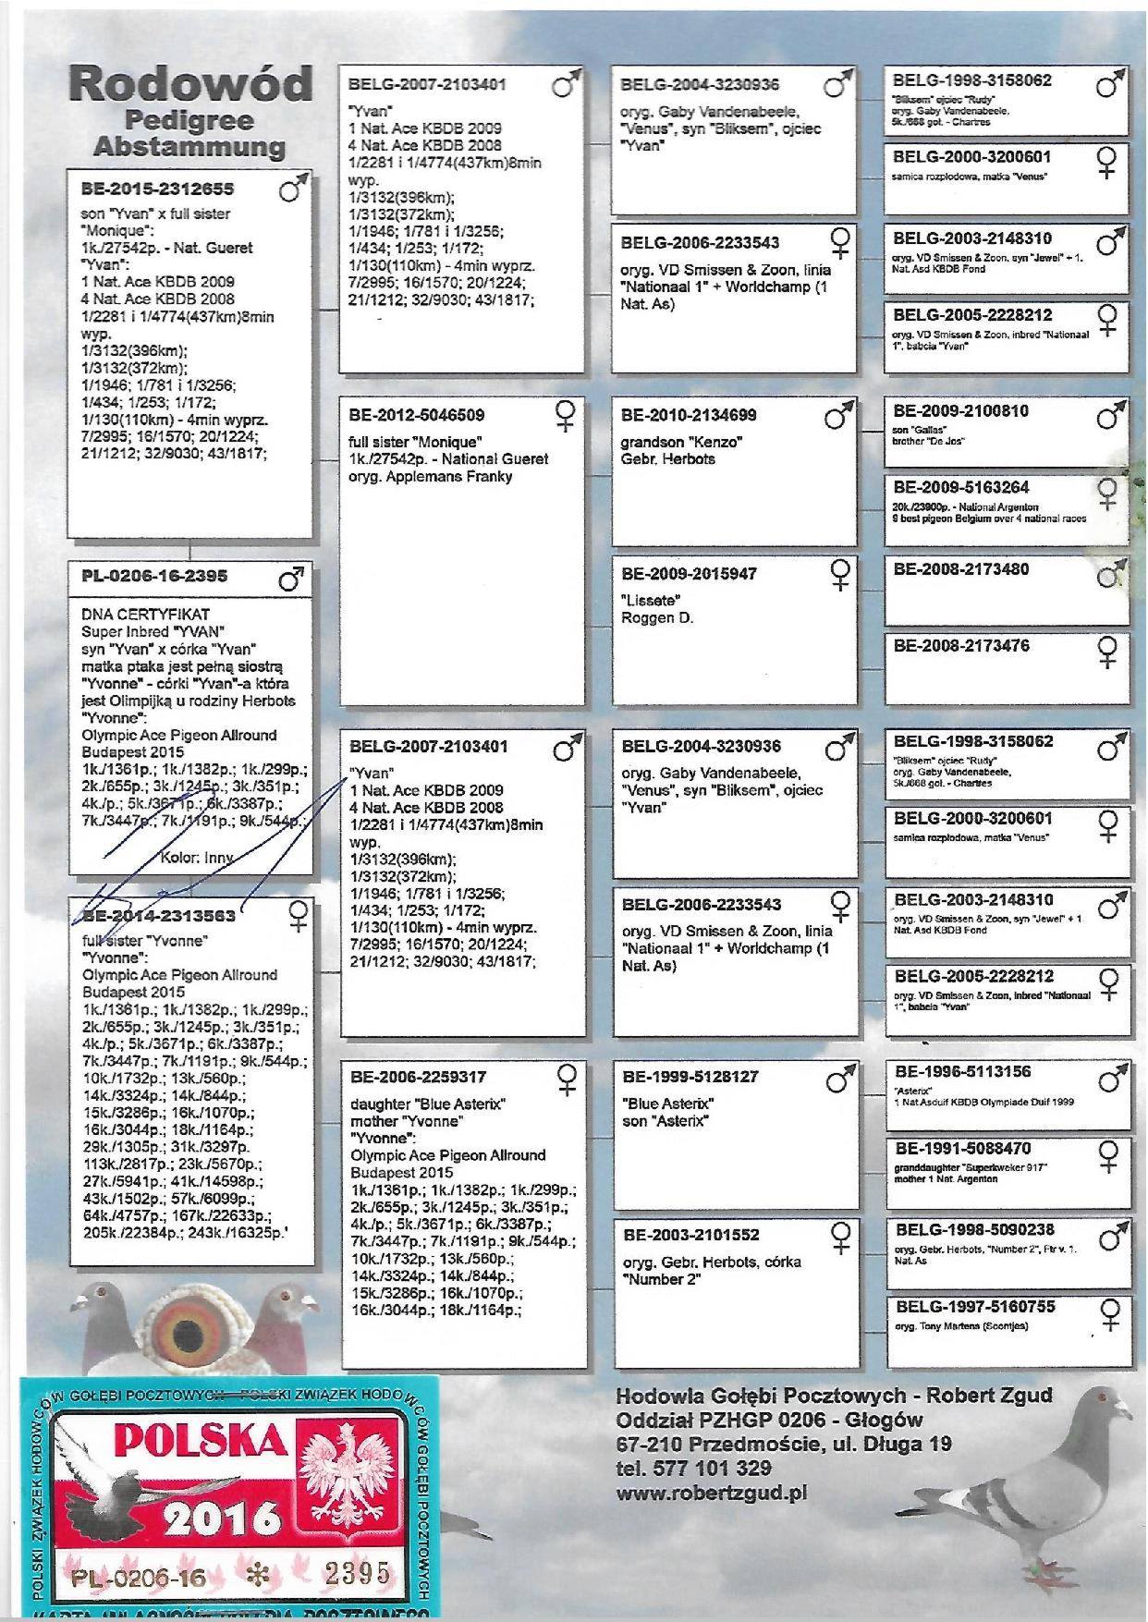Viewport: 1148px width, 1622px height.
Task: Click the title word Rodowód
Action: (190, 85)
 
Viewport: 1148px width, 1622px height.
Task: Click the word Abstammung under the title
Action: (189, 146)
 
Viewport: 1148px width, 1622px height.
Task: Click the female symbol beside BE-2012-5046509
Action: (566, 414)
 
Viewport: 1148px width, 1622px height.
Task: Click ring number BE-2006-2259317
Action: (418, 1077)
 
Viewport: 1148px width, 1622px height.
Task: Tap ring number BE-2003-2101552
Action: (690, 1235)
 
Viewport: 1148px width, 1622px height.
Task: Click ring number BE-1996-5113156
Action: (962, 1072)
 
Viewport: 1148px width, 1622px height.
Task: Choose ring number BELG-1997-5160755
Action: (974, 1307)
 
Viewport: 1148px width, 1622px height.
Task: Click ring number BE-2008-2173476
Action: (961, 646)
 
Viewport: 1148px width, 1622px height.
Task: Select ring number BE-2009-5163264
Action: (961, 487)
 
